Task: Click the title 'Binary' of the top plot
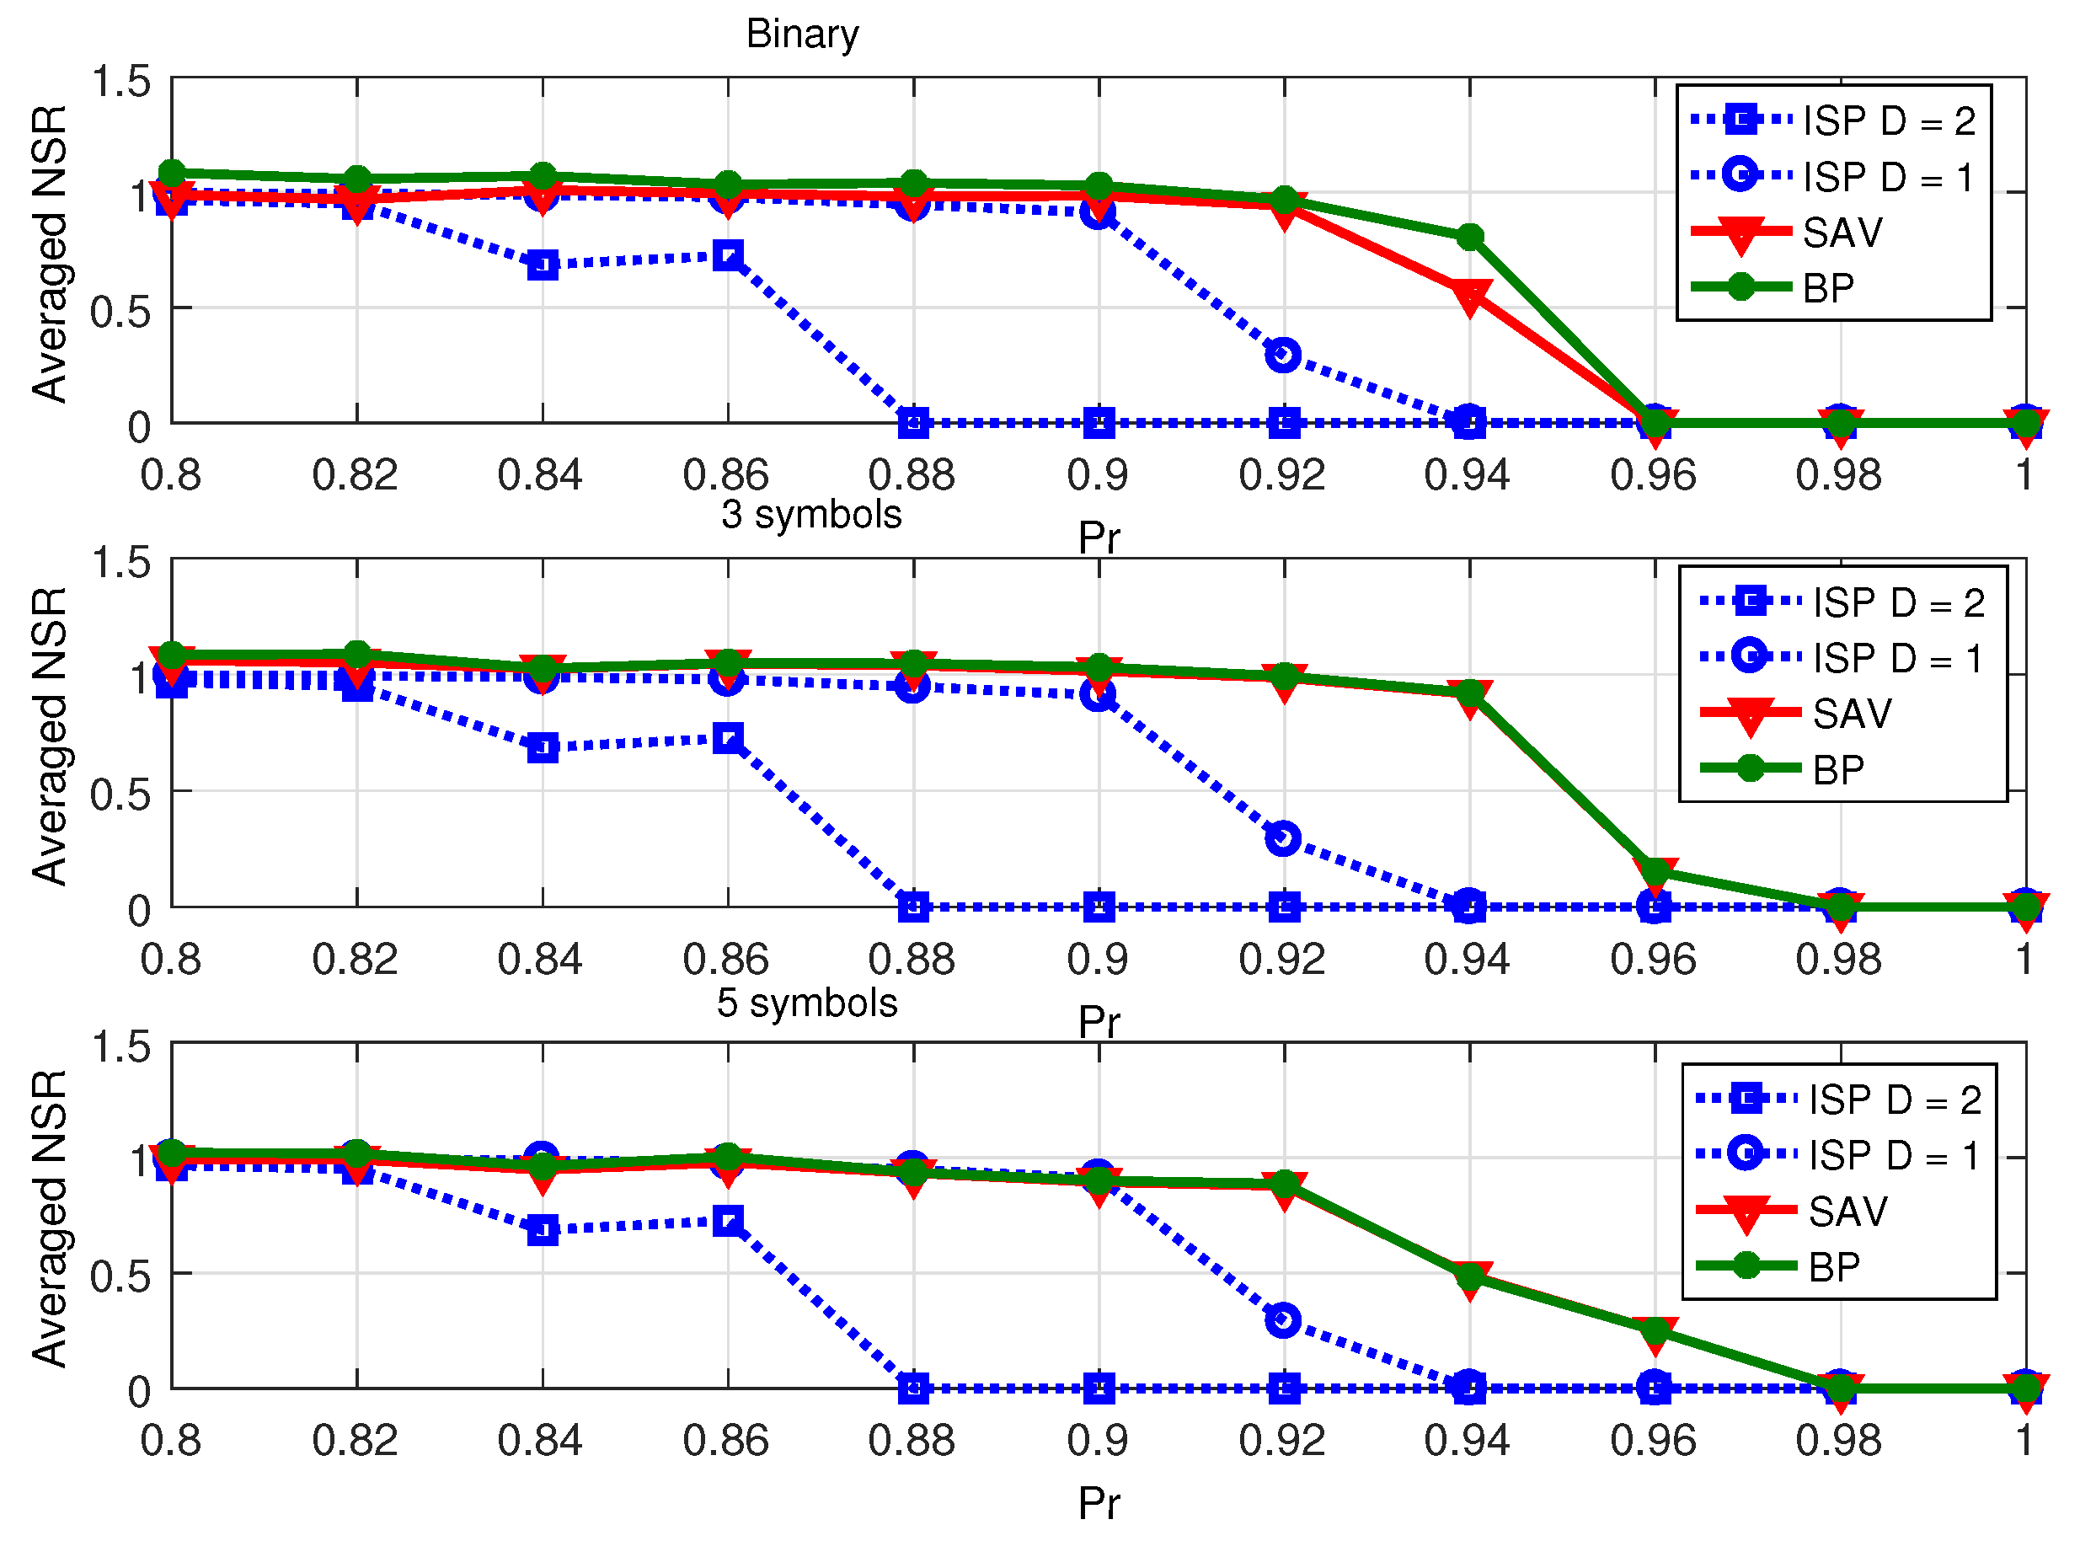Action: [802, 35]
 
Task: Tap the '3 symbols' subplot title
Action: [811, 515]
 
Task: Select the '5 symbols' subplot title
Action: [807, 1003]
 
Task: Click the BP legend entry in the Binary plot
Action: [1828, 288]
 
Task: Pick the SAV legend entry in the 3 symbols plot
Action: [1853, 714]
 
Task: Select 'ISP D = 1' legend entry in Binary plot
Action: [1889, 177]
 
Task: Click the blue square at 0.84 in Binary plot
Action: [543, 266]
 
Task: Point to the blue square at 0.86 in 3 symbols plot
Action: [729, 740]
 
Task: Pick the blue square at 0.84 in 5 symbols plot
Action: [543, 1230]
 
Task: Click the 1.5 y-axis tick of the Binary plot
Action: [121, 82]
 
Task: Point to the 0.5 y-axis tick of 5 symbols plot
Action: [121, 1277]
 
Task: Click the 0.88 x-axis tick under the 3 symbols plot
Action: [912, 960]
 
